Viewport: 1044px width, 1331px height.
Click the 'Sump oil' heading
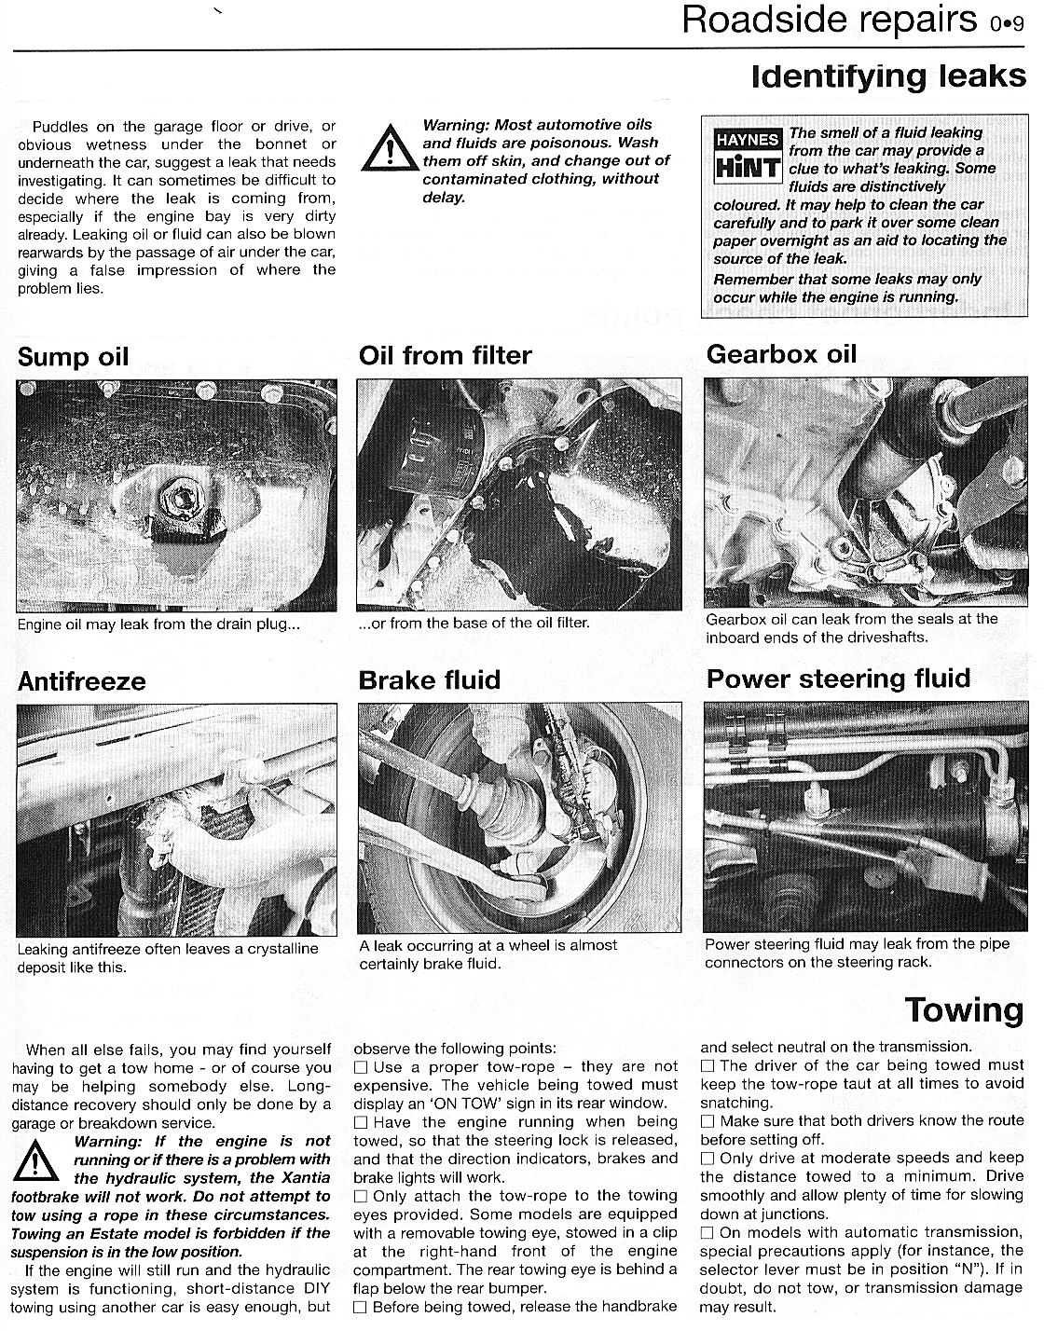coord(74,357)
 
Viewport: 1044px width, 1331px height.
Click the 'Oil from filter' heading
coord(445,355)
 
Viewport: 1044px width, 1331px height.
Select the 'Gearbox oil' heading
coord(781,354)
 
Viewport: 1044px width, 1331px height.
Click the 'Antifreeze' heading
coord(82,681)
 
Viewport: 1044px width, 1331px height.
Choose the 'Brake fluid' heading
coord(429,679)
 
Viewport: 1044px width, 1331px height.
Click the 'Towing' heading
coord(964,1009)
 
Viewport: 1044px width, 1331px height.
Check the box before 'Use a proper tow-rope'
coord(362,1066)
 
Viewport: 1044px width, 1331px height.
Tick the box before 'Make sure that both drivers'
coord(708,1121)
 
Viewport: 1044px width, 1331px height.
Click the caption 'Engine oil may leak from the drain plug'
coord(158,624)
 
